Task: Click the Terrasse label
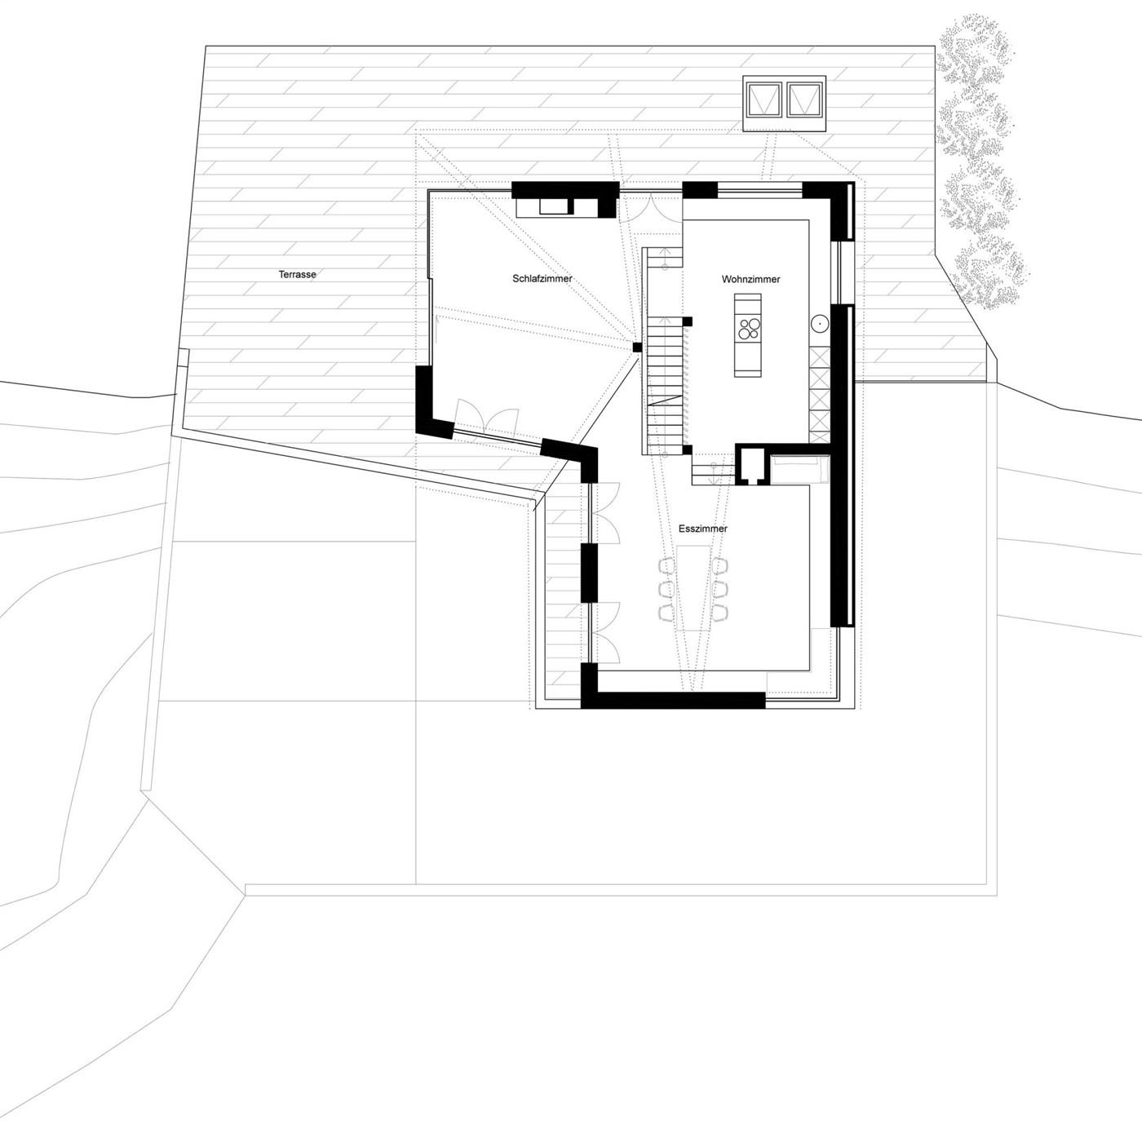pos(297,275)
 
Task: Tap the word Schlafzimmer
pos(542,278)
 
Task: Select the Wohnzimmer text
pos(750,279)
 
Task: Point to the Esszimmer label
pos(703,529)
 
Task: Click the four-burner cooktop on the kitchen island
pos(749,328)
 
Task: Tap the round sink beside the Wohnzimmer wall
pos(820,324)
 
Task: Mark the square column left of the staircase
pos(637,347)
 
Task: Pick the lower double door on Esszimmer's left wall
pos(604,633)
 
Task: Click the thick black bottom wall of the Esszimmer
pos(673,700)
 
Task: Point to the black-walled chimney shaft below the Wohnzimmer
pos(752,464)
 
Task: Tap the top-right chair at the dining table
pos(720,567)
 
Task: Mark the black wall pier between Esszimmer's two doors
pos(589,573)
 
